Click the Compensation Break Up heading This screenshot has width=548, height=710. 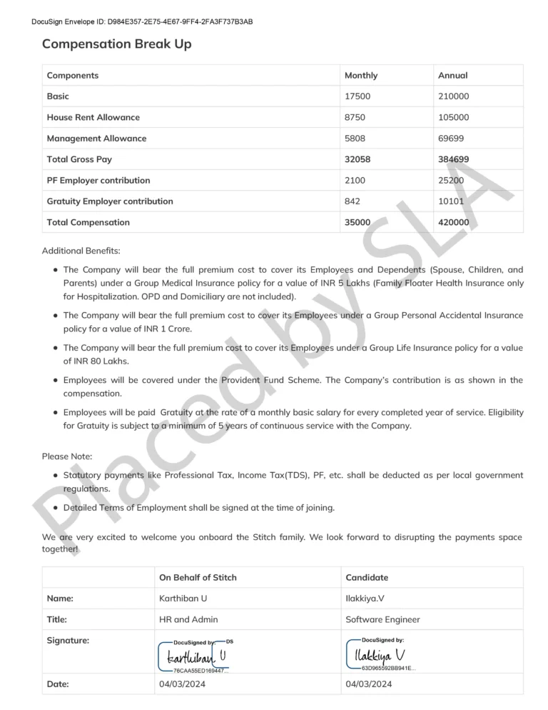point(116,44)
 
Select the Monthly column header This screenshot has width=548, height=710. point(361,76)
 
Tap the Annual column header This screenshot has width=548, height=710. point(452,76)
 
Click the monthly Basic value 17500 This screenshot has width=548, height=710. point(357,96)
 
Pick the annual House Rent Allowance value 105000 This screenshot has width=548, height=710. point(454,117)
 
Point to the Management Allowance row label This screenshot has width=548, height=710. point(96,139)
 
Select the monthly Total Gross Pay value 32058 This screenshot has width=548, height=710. point(357,159)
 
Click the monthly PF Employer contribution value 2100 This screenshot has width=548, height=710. point(355,181)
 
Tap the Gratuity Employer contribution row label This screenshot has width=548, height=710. point(110,201)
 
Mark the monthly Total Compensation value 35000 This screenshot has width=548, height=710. point(357,223)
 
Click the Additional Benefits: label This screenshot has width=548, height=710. point(81,251)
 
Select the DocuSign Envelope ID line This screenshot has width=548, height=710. point(142,21)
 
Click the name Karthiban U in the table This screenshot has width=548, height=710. point(183,599)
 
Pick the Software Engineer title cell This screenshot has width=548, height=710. point(382,619)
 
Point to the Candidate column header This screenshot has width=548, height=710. point(367,577)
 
